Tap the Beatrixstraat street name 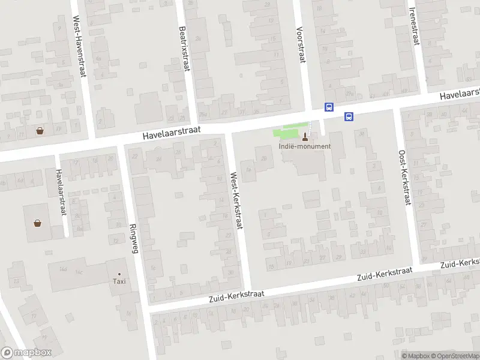tap(184, 48)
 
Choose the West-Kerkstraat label tap(236, 202)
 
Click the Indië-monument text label tap(304, 146)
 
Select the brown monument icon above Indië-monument tap(305, 136)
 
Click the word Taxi tap(119, 281)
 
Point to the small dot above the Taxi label tap(119, 274)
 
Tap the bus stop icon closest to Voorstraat tap(329, 107)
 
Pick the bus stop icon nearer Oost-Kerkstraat tap(349, 116)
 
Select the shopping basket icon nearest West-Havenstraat tap(40, 130)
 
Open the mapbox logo tap(26, 353)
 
